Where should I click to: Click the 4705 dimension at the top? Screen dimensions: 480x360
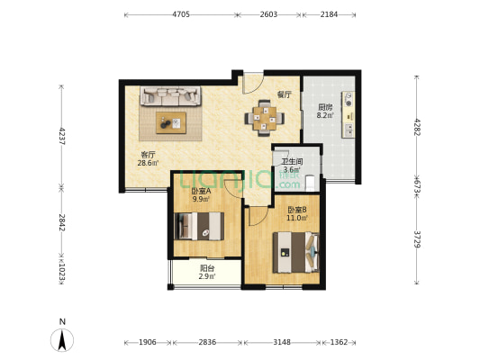pos(181,14)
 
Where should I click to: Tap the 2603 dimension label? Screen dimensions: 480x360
pos(268,14)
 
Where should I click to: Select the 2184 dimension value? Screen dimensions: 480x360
pos(329,14)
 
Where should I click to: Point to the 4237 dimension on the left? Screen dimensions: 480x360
pos(62,136)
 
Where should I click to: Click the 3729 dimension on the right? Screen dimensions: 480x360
pos(417,239)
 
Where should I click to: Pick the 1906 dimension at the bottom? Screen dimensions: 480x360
pos(148,342)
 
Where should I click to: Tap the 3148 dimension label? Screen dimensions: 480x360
pos(282,342)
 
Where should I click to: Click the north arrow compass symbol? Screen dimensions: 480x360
pos(62,340)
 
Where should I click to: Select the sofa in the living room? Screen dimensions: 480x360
pos(170,96)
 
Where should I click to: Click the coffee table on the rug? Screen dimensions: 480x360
pos(171,122)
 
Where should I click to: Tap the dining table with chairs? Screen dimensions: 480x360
pos(265,118)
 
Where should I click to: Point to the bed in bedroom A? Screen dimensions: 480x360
pos(199,226)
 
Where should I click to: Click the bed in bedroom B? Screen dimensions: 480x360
pos(296,252)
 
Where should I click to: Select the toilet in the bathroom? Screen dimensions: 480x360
pos(311,183)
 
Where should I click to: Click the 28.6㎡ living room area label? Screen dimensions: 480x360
pos(149,163)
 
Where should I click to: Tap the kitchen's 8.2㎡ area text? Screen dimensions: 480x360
pos(325,115)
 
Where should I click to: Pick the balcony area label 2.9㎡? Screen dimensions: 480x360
pos(207,276)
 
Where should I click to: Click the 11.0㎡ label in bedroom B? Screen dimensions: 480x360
pos(297,218)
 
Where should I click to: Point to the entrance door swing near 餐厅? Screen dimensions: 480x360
pos(253,83)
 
